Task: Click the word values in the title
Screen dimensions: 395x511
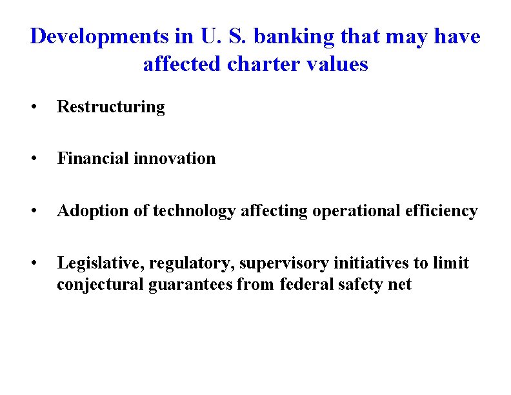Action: pyautogui.click(x=340, y=65)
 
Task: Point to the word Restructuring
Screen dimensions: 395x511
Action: pyautogui.click(x=111, y=107)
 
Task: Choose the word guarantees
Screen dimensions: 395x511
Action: pyautogui.click(x=189, y=285)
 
